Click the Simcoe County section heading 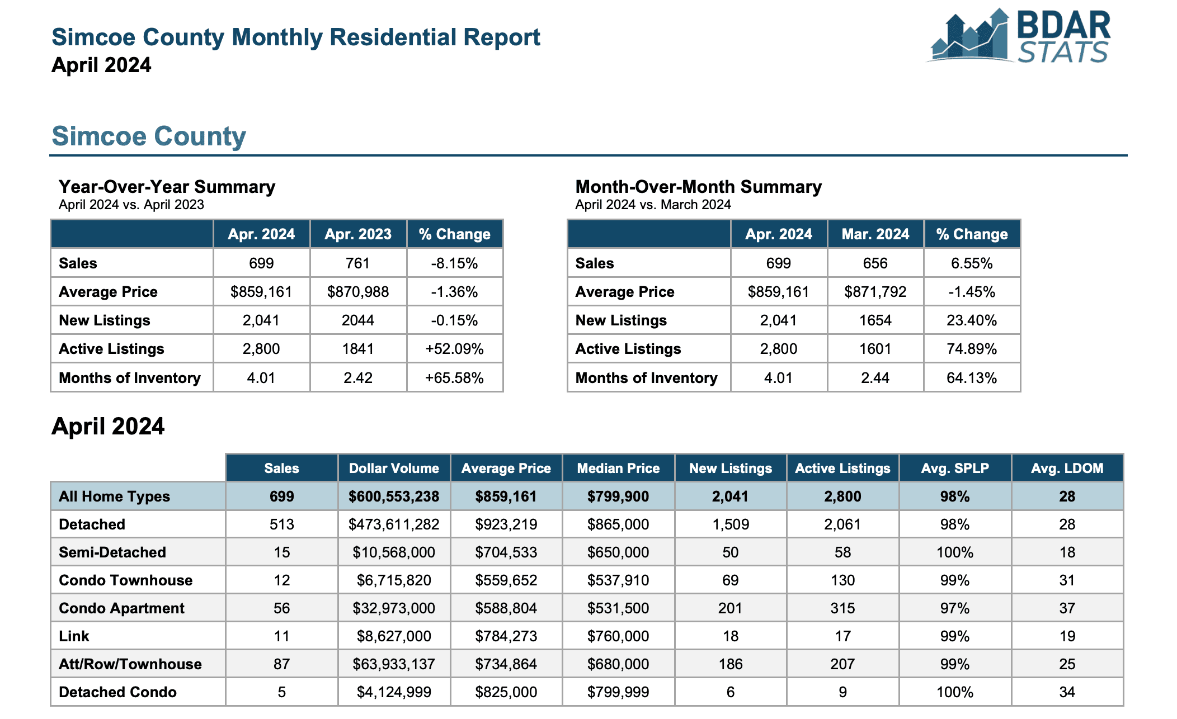[x=149, y=136]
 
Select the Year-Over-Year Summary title [x=167, y=187]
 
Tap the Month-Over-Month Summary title [x=699, y=187]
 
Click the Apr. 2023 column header [x=358, y=234]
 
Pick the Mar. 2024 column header [x=875, y=234]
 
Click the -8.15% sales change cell [x=454, y=263]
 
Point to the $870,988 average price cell [x=358, y=292]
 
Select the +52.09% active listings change [x=454, y=349]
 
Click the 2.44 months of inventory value [x=875, y=378]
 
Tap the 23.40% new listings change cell [x=972, y=320]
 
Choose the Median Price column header [x=618, y=469]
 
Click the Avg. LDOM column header [x=1067, y=469]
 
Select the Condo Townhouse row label [x=126, y=580]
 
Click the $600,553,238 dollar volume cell [x=394, y=496]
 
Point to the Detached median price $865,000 [x=618, y=524]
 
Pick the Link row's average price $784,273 [x=506, y=636]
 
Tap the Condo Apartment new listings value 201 [x=731, y=608]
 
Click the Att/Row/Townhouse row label [x=130, y=664]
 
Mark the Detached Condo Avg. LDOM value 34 [x=1067, y=692]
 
